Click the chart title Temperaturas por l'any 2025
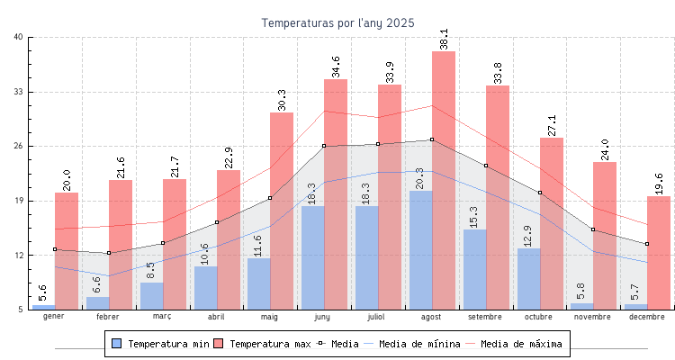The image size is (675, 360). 337,22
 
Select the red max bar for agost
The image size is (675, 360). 444,180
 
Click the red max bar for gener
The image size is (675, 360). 67,251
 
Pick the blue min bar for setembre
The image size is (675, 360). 475,270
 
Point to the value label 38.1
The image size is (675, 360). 444,39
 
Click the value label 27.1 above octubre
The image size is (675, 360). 552,125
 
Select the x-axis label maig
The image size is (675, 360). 270,317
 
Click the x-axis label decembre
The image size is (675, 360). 647,317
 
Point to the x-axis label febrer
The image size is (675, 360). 108,317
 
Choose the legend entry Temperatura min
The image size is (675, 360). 160,344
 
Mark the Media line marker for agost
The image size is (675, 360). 432,139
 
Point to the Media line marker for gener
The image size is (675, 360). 55,249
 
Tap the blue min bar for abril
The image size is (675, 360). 205,288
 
